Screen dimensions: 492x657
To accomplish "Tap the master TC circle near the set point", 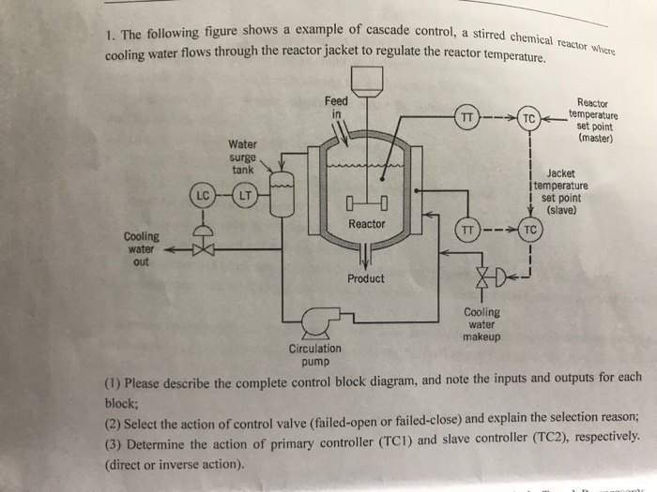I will point(530,118).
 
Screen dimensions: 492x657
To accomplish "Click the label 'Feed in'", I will point(335,108).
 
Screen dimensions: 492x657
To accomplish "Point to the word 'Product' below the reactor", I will point(365,278).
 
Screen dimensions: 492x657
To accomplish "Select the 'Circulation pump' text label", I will point(315,354).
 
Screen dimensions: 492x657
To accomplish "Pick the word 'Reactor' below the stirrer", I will point(366,224).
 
